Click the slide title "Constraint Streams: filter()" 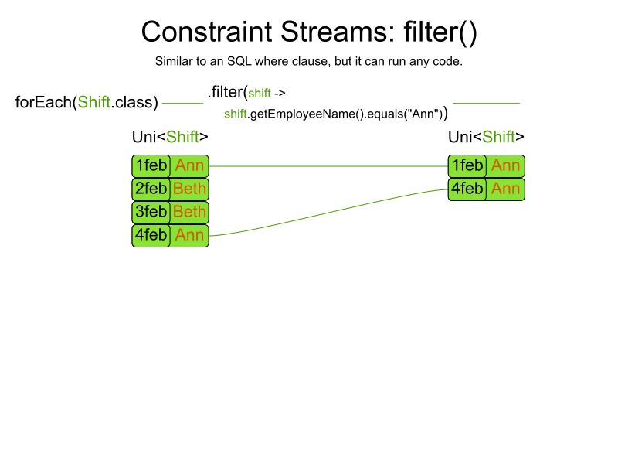pyautogui.click(x=309, y=32)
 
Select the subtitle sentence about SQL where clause pyautogui.click(x=308, y=61)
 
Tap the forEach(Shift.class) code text pyautogui.click(x=87, y=102)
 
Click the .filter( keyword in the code pyautogui.click(x=227, y=92)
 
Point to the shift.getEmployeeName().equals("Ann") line pyautogui.click(x=334, y=114)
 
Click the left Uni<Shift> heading pyautogui.click(x=170, y=137)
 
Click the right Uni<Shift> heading pyautogui.click(x=486, y=137)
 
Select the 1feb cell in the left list pyautogui.click(x=151, y=166)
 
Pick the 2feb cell pyautogui.click(x=151, y=189)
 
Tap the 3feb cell pyautogui.click(x=151, y=213)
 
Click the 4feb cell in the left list pyautogui.click(x=151, y=236)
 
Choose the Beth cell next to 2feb pyautogui.click(x=189, y=189)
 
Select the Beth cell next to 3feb pyautogui.click(x=189, y=213)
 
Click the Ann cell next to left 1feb pyautogui.click(x=189, y=166)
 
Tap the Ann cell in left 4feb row pyautogui.click(x=189, y=236)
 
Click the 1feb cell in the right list pyautogui.click(x=467, y=166)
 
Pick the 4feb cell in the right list pyautogui.click(x=467, y=189)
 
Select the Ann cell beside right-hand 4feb pyautogui.click(x=505, y=189)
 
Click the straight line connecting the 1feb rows pyautogui.click(x=328, y=166)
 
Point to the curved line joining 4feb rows pyautogui.click(x=328, y=213)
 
